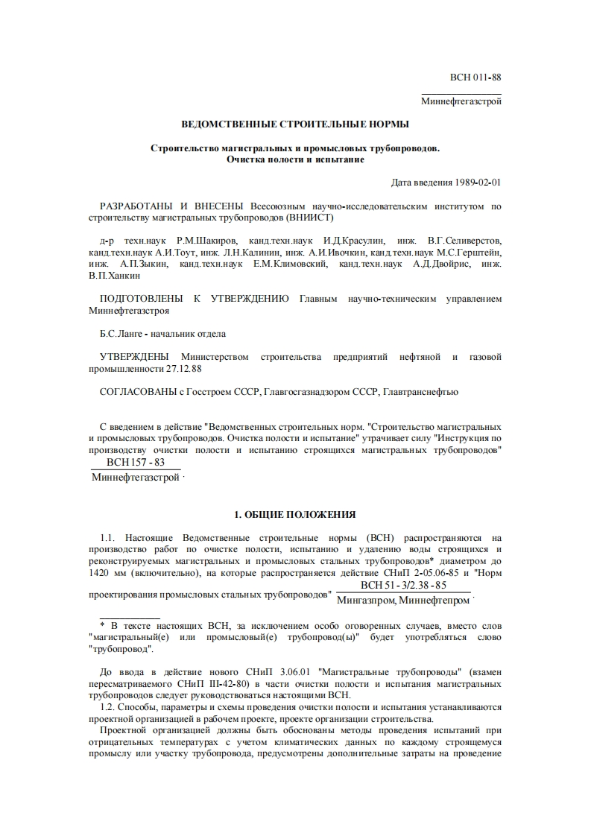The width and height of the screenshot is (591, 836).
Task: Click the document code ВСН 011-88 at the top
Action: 475,77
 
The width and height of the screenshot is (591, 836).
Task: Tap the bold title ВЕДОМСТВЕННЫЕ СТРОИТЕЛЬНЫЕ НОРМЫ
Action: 295,124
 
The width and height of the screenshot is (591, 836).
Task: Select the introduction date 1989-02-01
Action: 478,183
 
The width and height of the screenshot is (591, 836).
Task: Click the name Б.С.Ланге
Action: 122,334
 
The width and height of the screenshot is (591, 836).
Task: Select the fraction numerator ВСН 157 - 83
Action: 136,463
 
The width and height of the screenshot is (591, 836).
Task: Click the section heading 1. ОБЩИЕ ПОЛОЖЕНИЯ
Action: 295,514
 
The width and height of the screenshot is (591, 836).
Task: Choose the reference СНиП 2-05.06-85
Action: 418,573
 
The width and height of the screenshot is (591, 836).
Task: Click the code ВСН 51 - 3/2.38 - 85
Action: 403,585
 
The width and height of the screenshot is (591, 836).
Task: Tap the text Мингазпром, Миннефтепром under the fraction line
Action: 403,600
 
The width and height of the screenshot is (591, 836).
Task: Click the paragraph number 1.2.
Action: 109,706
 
